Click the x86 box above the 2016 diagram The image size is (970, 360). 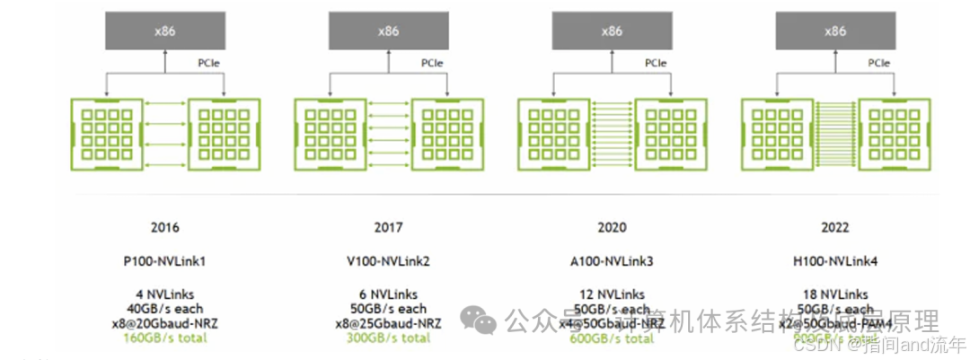(x=164, y=31)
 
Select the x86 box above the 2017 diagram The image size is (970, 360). (x=388, y=31)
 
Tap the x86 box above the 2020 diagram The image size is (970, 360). (x=612, y=31)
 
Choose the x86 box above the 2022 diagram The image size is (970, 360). (x=835, y=31)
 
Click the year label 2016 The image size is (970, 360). (x=165, y=228)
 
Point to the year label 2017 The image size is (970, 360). (x=388, y=228)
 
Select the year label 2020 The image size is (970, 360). (x=612, y=228)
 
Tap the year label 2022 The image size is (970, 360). (x=835, y=228)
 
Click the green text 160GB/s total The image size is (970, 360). (x=165, y=338)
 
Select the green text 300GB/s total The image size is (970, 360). (x=388, y=338)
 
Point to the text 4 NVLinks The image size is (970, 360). (x=165, y=294)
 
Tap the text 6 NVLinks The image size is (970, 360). (x=388, y=294)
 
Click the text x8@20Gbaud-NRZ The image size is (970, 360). (x=165, y=323)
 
